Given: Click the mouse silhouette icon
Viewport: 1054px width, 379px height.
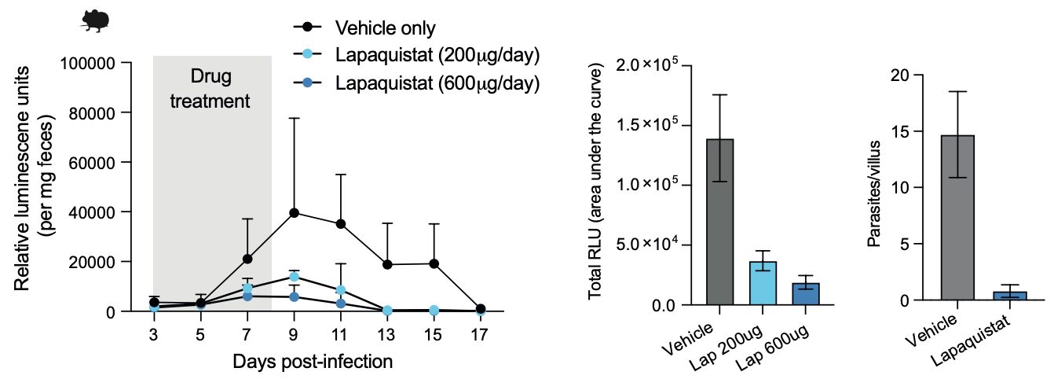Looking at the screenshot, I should [x=95, y=21].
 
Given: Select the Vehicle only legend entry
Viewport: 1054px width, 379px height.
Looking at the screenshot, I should [x=385, y=28].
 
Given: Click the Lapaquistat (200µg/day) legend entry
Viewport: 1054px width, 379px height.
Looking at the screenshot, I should [x=437, y=55].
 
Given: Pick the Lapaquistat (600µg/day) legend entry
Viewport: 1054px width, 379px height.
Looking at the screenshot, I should [x=437, y=83].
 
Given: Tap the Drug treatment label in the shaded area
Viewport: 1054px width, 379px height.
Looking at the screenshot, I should [x=211, y=89].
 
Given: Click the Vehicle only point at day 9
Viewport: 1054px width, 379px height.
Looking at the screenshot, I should [x=295, y=212].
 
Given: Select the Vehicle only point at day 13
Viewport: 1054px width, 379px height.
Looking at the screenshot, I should [x=387, y=265].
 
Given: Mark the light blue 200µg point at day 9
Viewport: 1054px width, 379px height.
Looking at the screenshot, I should [x=295, y=277].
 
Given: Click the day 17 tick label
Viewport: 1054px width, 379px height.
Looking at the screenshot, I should [x=480, y=333].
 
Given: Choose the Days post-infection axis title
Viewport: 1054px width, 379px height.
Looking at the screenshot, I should [x=313, y=362].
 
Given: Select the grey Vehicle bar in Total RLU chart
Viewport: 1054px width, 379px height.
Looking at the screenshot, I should [x=720, y=222].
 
